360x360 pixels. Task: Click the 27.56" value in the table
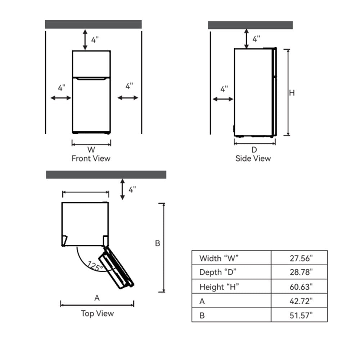[301, 258]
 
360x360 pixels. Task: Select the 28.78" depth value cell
[301, 272]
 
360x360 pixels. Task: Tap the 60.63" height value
[301, 287]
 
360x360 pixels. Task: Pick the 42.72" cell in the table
[301, 301]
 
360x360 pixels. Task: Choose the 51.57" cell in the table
[301, 315]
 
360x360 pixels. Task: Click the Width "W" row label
[219, 258]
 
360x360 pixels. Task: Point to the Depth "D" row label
[218, 272]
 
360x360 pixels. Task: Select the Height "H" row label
[219, 287]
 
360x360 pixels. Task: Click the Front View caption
[91, 158]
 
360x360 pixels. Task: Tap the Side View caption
[253, 158]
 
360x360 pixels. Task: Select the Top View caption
[97, 314]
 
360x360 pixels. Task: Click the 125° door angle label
[95, 266]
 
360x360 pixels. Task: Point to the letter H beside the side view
[292, 93]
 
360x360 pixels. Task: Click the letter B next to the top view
[158, 243]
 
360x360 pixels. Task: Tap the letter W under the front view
[91, 150]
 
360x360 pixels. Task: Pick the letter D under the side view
[254, 150]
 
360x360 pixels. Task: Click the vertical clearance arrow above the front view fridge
[85, 40]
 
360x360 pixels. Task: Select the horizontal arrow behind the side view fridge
[223, 99]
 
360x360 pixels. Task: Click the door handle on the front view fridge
[91, 79]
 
